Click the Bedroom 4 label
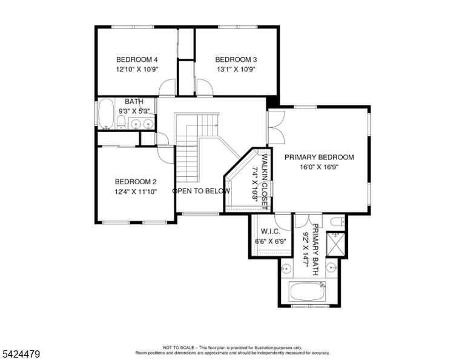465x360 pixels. pyautogui.click(x=137, y=59)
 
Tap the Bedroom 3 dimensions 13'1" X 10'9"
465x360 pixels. pyautogui.click(x=236, y=70)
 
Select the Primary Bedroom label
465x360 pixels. pyautogui.click(x=319, y=157)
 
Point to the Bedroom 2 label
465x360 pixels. pyautogui.click(x=136, y=182)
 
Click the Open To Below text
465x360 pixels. pyautogui.click(x=202, y=191)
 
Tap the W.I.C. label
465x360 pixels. pyautogui.click(x=270, y=231)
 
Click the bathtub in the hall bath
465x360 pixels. pyautogui.click(x=106, y=114)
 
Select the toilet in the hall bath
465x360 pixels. pyautogui.click(x=120, y=122)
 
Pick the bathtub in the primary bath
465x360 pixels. pyautogui.click(x=307, y=291)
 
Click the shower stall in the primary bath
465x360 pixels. pyautogui.click(x=335, y=244)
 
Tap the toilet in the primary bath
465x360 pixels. pyautogui.click(x=337, y=222)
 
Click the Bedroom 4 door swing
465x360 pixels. pyautogui.click(x=168, y=87)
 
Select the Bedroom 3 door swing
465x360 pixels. pyautogui.click(x=205, y=87)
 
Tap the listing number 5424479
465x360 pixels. pyautogui.click(x=21, y=354)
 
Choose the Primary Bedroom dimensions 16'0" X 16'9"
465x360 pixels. pyautogui.click(x=319, y=167)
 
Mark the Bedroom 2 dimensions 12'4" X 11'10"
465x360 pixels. pyautogui.click(x=136, y=192)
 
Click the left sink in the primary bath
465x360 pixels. pyautogui.click(x=286, y=268)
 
